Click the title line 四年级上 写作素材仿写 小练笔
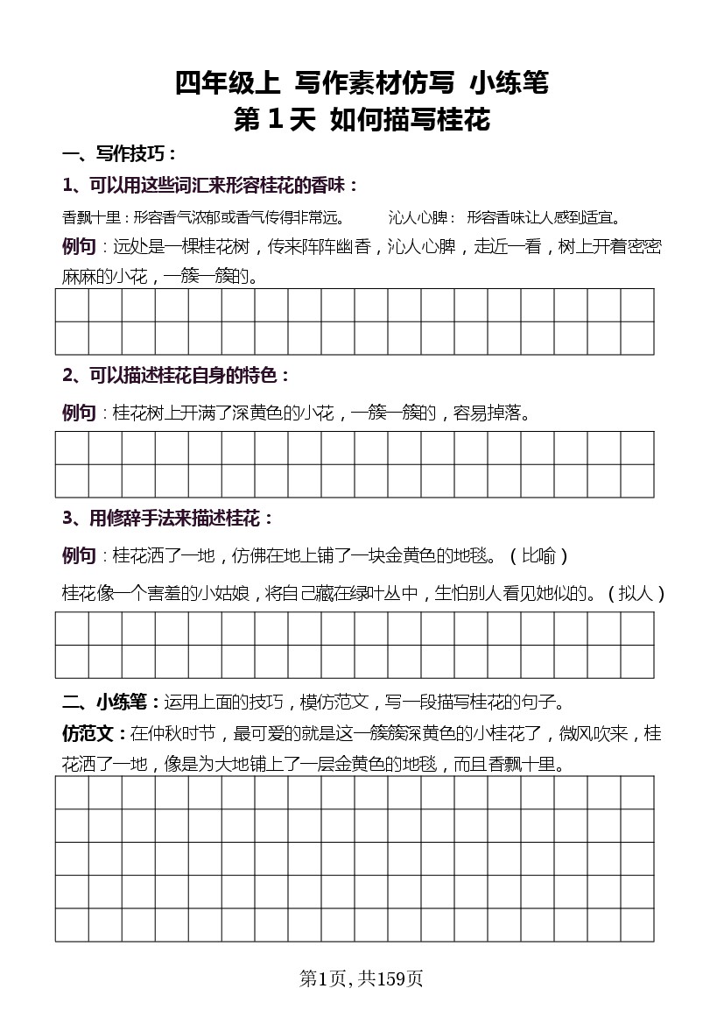tap(362, 83)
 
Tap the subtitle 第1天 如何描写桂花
tap(362, 120)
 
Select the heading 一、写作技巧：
tap(119, 155)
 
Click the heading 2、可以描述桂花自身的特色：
tap(176, 376)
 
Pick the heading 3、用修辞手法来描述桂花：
tap(168, 519)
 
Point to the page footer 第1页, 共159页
tap(362, 978)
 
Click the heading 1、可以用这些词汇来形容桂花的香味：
tap(210, 186)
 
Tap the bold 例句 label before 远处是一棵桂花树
tap(79, 246)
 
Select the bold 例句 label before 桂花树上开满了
tap(79, 413)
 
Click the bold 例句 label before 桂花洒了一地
tap(79, 556)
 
